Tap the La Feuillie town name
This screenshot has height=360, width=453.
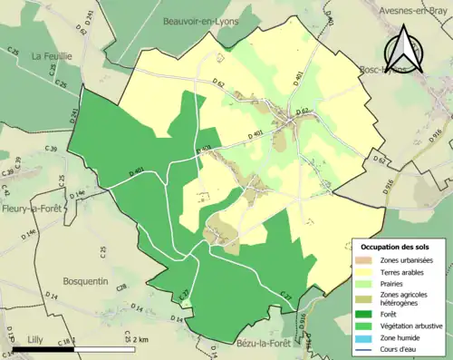tap(52, 55)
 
